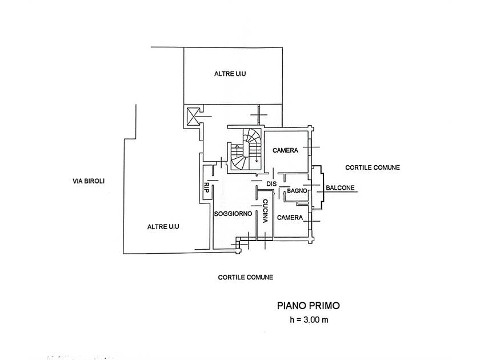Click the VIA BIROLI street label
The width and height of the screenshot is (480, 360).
[x=89, y=181]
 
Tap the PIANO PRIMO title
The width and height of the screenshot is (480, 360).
[x=308, y=306]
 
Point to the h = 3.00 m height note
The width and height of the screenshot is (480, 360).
[x=309, y=320]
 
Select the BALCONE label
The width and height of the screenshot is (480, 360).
[x=340, y=187]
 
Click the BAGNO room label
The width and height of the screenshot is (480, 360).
[x=297, y=191]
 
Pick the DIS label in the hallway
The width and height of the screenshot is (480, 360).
[x=271, y=184]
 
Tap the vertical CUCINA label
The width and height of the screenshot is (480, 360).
[x=265, y=211]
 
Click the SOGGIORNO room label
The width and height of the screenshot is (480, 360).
[x=233, y=214]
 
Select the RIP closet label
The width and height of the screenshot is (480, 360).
[x=206, y=187]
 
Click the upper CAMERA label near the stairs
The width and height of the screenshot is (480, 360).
[x=285, y=150]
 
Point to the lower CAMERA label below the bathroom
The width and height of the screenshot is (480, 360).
[x=290, y=217]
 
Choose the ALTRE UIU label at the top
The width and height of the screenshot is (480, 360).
[x=230, y=74]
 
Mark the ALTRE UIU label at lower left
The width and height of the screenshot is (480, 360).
[x=163, y=226]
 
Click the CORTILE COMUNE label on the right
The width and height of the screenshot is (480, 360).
[x=373, y=167]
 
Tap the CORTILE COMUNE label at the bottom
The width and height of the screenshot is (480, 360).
[x=246, y=277]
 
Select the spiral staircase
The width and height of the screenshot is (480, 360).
[x=245, y=149]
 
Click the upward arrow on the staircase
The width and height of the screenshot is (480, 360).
[x=237, y=151]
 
